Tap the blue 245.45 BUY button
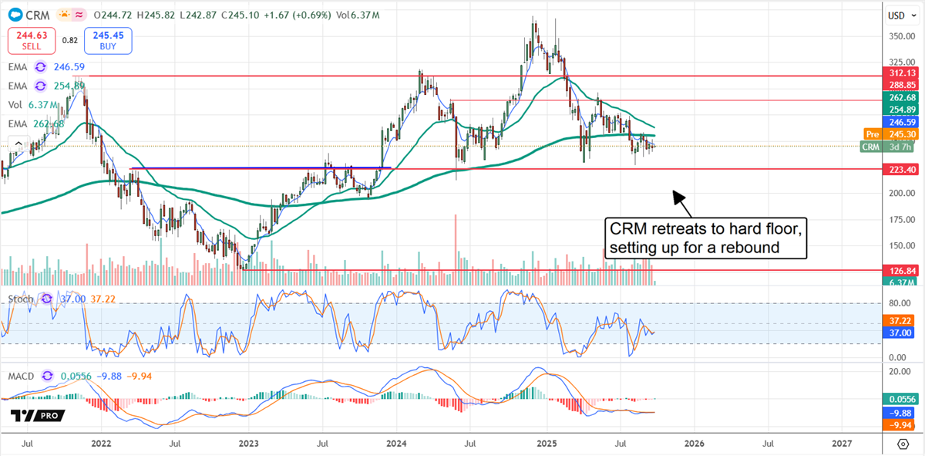pyautogui.click(x=109, y=39)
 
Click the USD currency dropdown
pyautogui.click(x=896, y=15)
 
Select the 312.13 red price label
pyautogui.click(x=901, y=73)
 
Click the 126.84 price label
pyautogui.click(x=901, y=271)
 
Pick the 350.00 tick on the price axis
pyautogui.click(x=900, y=36)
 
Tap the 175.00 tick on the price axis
pyautogui.click(x=900, y=220)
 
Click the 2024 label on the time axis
pyautogui.click(x=396, y=444)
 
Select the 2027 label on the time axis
pyautogui.click(x=842, y=444)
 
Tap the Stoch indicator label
pyautogui.click(x=20, y=298)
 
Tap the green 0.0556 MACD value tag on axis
pyautogui.click(x=901, y=399)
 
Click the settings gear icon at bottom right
pyautogui.click(x=903, y=444)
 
